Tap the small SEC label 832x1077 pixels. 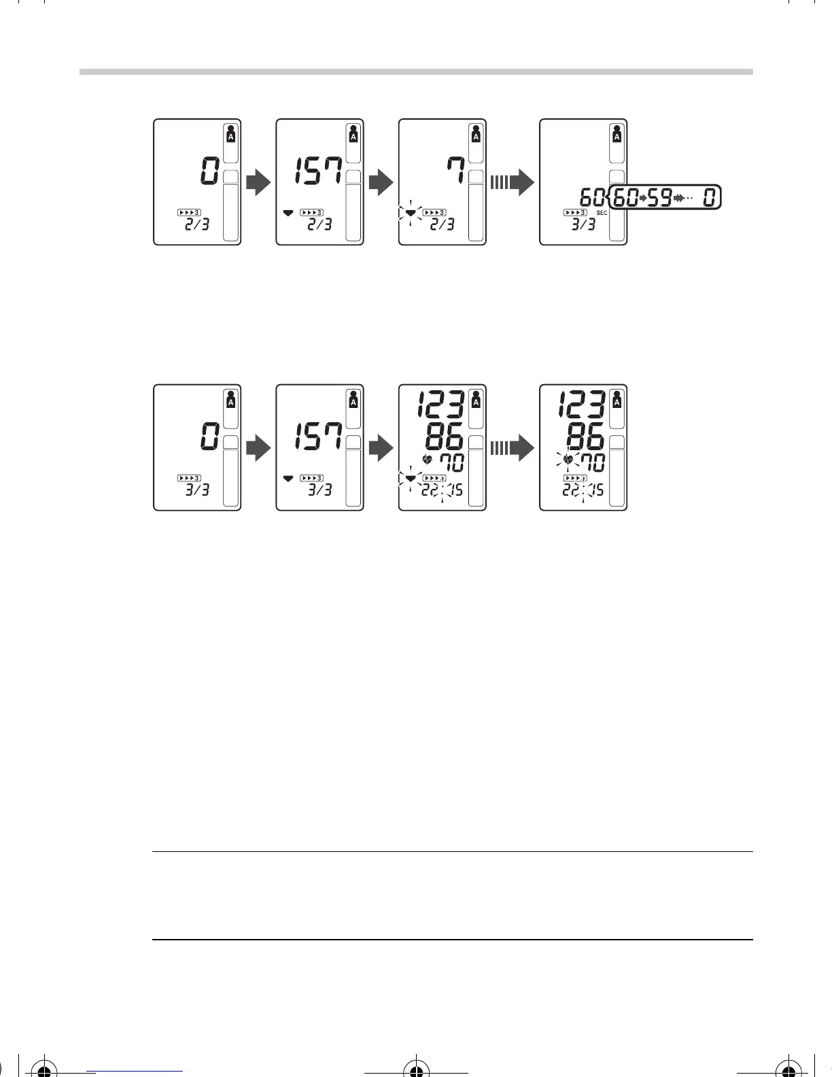[601, 213]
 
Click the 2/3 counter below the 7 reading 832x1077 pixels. [443, 224]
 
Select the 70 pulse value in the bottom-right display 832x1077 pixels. [589, 463]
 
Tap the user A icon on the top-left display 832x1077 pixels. [231, 133]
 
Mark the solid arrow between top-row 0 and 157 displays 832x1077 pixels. [258, 182]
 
